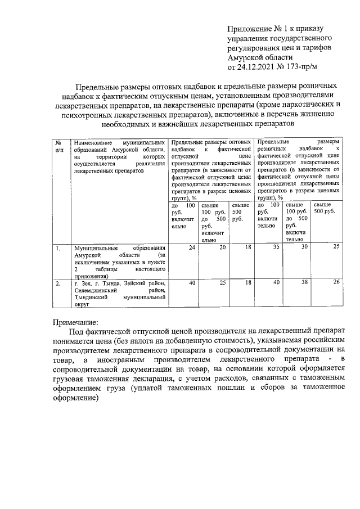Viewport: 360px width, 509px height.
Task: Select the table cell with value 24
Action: tap(191, 248)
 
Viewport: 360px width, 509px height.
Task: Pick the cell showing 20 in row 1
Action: tap(222, 248)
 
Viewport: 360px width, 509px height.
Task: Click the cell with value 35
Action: tap(276, 248)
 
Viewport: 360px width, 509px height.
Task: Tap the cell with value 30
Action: tap(304, 248)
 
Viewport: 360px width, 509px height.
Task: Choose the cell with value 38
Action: tap(304, 283)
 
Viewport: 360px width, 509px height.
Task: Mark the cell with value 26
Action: tap(336, 283)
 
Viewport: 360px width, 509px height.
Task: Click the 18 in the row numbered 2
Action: tap(249, 283)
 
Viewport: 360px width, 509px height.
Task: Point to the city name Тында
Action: tap(106, 283)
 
